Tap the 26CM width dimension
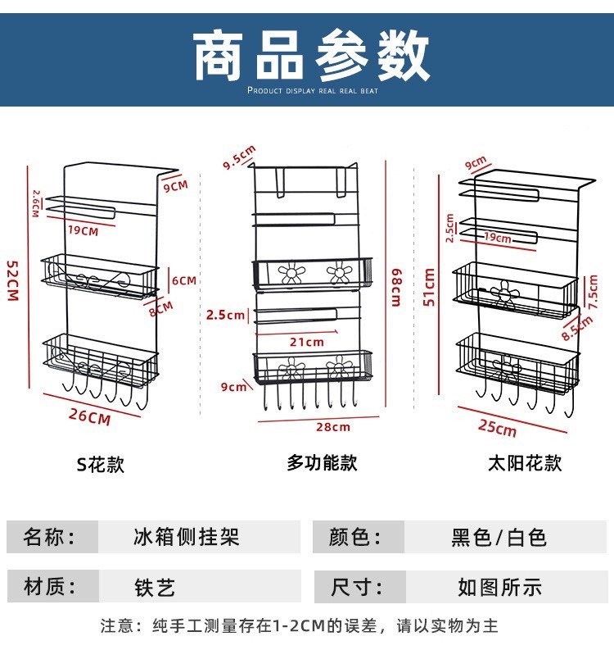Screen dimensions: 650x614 (x=89, y=416)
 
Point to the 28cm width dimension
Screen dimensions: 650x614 (x=334, y=426)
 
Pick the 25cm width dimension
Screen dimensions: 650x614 (x=498, y=427)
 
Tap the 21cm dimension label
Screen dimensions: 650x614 (x=307, y=342)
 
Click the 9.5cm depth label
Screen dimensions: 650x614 (x=239, y=157)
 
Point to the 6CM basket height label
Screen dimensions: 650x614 (x=183, y=280)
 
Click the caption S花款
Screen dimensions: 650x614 (x=101, y=464)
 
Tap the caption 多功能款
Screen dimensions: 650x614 (x=322, y=462)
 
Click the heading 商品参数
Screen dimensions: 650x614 (x=311, y=55)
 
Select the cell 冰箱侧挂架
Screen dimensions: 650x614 (x=186, y=538)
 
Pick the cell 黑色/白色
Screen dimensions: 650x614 (x=499, y=538)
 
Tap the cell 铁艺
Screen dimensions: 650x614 (x=155, y=587)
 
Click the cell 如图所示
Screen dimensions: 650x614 (x=499, y=587)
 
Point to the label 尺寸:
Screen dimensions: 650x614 (x=356, y=587)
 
